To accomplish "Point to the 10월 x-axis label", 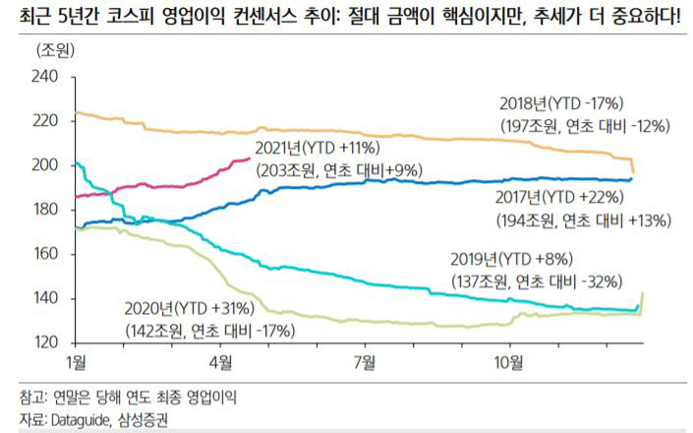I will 507,362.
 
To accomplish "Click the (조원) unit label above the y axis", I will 57,48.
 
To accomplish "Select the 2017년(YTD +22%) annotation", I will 564,197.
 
